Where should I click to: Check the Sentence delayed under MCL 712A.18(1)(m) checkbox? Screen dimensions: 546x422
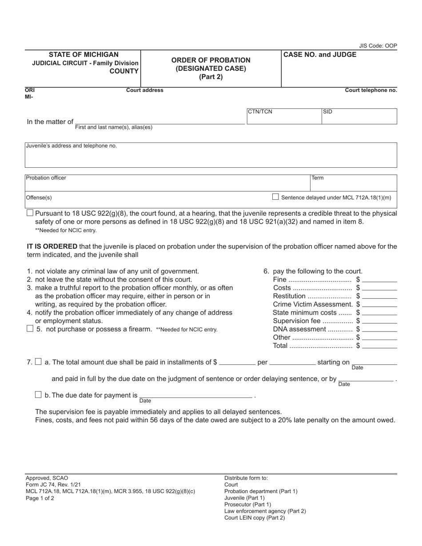tap(275, 197)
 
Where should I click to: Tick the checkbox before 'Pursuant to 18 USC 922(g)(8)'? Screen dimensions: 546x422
tap(30, 213)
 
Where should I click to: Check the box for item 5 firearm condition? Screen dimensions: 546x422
tap(30, 329)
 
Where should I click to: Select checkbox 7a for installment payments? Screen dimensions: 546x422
tap(38, 362)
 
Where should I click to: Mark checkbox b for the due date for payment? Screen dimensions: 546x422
tap(38, 395)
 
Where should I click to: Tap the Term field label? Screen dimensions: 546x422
tap(318, 178)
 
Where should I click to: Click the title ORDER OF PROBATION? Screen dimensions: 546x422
tap(211, 60)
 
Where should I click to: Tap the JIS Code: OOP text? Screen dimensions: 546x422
tap(378, 46)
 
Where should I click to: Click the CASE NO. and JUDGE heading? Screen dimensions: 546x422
tap(320, 55)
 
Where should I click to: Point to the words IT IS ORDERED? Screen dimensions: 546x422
tap(52, 246)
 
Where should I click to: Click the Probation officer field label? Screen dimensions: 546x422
tap(46, 178)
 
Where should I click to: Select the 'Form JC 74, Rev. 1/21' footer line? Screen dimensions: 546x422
tap(53, 485)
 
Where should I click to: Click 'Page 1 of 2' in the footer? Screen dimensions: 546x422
tap(40, 498)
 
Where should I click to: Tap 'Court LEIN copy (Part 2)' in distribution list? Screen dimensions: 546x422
tap(255, 518)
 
